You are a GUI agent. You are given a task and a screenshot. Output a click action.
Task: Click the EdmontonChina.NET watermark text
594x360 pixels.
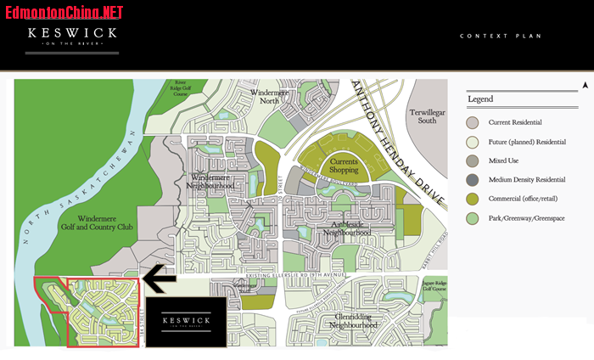click(64, 12)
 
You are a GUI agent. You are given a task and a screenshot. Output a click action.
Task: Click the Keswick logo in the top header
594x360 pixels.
click(71, 37)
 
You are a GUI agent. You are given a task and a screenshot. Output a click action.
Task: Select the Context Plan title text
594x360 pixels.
click(500, 37)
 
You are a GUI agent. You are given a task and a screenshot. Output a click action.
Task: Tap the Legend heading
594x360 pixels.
click(480, 99)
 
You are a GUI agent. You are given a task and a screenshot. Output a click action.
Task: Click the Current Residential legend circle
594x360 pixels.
click(473, 123)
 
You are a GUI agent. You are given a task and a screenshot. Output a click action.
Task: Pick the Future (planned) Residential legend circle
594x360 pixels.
click(473, 142)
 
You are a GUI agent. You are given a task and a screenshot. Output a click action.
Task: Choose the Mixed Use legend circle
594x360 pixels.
click(473, 160)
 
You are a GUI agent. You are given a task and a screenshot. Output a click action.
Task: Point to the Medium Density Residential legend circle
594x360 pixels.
click(473, 179)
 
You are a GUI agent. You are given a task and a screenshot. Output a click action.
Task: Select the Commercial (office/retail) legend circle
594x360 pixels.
click(473, 199)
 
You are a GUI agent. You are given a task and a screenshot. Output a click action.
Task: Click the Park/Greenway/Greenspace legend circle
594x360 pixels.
click(473, 217)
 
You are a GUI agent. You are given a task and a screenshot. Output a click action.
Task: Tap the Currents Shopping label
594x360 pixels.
click(344, 166)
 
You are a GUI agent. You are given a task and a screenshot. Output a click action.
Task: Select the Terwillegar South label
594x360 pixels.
click(422, 116)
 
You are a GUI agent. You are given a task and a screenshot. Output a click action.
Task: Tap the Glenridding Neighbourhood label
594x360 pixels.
click(352, 320)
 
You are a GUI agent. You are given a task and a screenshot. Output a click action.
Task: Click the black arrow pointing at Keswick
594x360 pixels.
click(160, 278)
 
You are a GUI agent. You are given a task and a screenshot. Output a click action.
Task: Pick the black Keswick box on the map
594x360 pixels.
click(186, 322)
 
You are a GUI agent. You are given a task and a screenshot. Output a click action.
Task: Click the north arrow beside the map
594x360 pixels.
click(585, 85)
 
